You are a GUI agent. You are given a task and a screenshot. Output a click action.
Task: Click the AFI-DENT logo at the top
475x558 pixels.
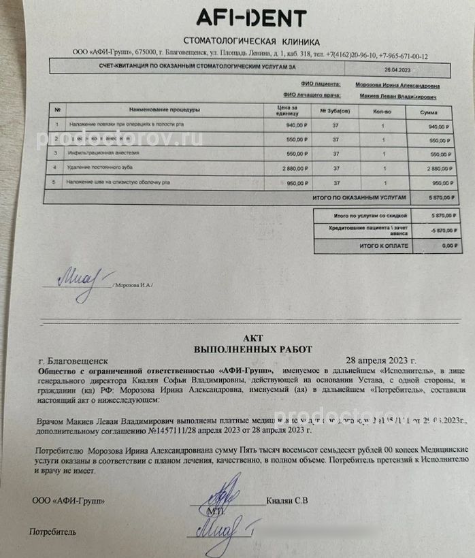point(251,18)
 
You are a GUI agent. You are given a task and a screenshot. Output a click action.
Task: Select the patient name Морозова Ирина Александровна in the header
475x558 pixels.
point(397,86)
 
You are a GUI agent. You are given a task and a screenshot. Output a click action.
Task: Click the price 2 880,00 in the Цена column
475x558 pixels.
point(293,167)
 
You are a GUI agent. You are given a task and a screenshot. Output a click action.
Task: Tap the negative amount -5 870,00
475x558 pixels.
point(438,229)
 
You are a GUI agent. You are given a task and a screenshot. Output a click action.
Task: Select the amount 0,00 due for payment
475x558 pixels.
point(446,244)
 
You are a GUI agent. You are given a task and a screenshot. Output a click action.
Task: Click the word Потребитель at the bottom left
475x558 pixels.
point(52,531)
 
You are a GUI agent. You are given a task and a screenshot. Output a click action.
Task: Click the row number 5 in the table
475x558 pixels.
point(56,182)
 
